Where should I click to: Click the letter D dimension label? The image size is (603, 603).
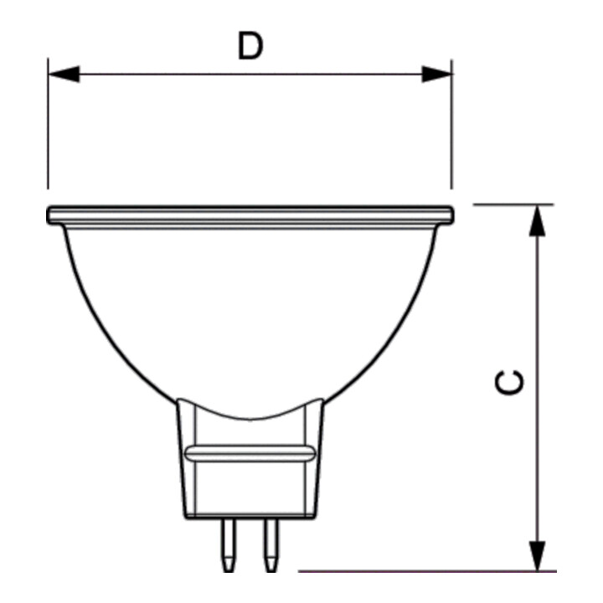click(250, 46)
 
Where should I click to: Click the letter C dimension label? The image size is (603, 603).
click(509, 382)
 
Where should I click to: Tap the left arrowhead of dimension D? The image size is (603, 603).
click(64, 74)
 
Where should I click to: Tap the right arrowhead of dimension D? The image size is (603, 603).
click(437, 74)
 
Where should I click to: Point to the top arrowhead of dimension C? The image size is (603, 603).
click(537, 220)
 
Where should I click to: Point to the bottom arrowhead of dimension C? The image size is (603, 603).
click(537, 556)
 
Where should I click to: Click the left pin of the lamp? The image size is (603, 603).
click(229, 544)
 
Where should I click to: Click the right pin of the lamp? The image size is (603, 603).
click(271, 544)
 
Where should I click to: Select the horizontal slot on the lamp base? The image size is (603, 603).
click(250, 454)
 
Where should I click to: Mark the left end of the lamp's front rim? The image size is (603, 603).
click(48, 215)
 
